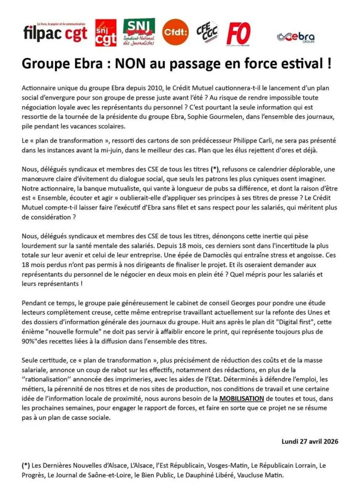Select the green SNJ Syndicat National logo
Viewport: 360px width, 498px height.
139,32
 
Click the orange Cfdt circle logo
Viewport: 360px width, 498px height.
175,32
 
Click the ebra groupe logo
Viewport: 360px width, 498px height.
295,37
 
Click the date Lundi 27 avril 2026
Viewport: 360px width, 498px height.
310,442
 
